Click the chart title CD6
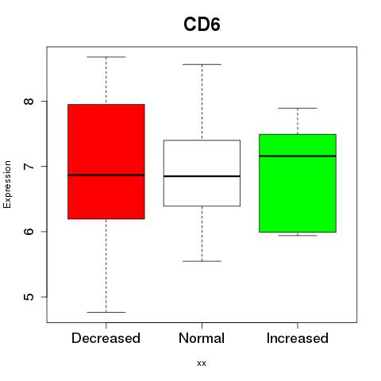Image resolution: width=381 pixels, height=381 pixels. tap(202, 25)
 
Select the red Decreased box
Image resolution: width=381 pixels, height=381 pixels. tap(106, 161)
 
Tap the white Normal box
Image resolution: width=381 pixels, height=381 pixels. tap(202, 173)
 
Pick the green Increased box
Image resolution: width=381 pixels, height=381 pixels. tap(298, 183)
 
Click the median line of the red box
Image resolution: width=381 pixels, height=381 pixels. tap(106, 175)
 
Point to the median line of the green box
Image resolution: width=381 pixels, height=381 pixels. tap(298, 156)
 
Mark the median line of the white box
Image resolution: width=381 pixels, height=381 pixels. tap(202, 176)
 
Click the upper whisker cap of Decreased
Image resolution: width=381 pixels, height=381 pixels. tap(106, 57)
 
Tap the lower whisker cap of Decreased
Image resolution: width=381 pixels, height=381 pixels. tap(106, 312)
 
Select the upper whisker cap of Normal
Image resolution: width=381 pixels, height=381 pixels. tap(202, 64)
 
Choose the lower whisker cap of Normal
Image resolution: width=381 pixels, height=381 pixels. tap(202, 261)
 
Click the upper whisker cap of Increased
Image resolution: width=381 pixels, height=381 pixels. tap(298, 108)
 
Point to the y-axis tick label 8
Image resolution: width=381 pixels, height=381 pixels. tap(29, 101)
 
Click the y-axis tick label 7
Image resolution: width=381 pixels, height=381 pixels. tap(29, 167)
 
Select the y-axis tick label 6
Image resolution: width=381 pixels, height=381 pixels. tap(29, 232)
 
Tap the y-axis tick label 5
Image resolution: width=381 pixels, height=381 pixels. tap(29, 297)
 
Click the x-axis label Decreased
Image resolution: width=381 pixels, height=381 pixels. tap(106, 338)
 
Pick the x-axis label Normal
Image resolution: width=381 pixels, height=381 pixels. tap(202, 338)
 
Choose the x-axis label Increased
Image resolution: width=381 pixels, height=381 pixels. tap(298, 338)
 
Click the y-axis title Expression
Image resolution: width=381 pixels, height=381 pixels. tap(7, 184)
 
